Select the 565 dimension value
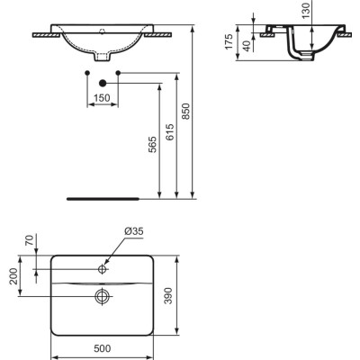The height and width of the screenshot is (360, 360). pyautogui.click(x=153, y=146)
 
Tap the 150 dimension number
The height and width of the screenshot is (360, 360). pyautogui.click(x=103, y=96)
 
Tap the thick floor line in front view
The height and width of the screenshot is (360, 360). pyautogui.click(x=103, y=195)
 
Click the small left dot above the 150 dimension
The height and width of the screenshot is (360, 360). pyautogui.click(x=87, y=71)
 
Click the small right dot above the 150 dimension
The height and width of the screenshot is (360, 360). pyautogui.click(x=118, y=71)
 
